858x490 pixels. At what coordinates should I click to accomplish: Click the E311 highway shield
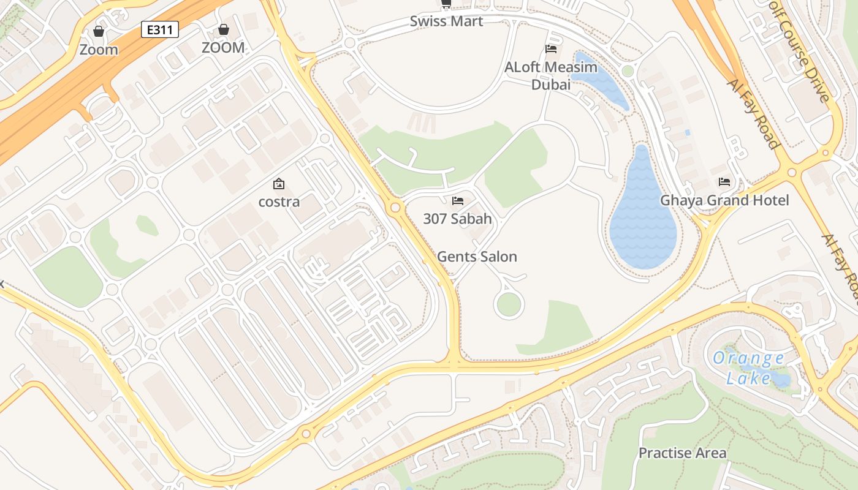[x=160, y=29]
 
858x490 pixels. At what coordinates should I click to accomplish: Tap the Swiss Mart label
[x=446, y=21]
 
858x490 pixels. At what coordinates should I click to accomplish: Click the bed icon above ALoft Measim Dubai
[x=550, y=49]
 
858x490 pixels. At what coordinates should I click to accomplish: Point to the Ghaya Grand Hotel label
[x=724, y=200]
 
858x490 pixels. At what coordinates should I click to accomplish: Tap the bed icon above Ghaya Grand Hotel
[x=724, y=182]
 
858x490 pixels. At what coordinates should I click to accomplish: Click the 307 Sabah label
[x=457, y=219]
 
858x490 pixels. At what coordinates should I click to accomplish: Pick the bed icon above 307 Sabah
[x=457, y=200]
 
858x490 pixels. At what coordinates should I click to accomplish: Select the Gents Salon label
[x=477, y=257]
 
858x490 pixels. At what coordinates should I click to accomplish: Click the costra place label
[x=279, y=202]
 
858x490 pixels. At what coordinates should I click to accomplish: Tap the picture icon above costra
[x=279, y=183]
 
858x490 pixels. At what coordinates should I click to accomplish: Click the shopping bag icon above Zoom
[x=99, y=31]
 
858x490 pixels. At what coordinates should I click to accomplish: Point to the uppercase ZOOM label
[x=223, y=48]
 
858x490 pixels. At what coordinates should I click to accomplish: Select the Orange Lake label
[x=749, y=367]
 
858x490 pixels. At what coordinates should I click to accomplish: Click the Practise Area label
[x=682, y=453]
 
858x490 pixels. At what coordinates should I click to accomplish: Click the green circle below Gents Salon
[x=509, y=304]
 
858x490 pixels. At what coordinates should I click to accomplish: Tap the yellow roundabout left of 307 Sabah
[x=395, y=208]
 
